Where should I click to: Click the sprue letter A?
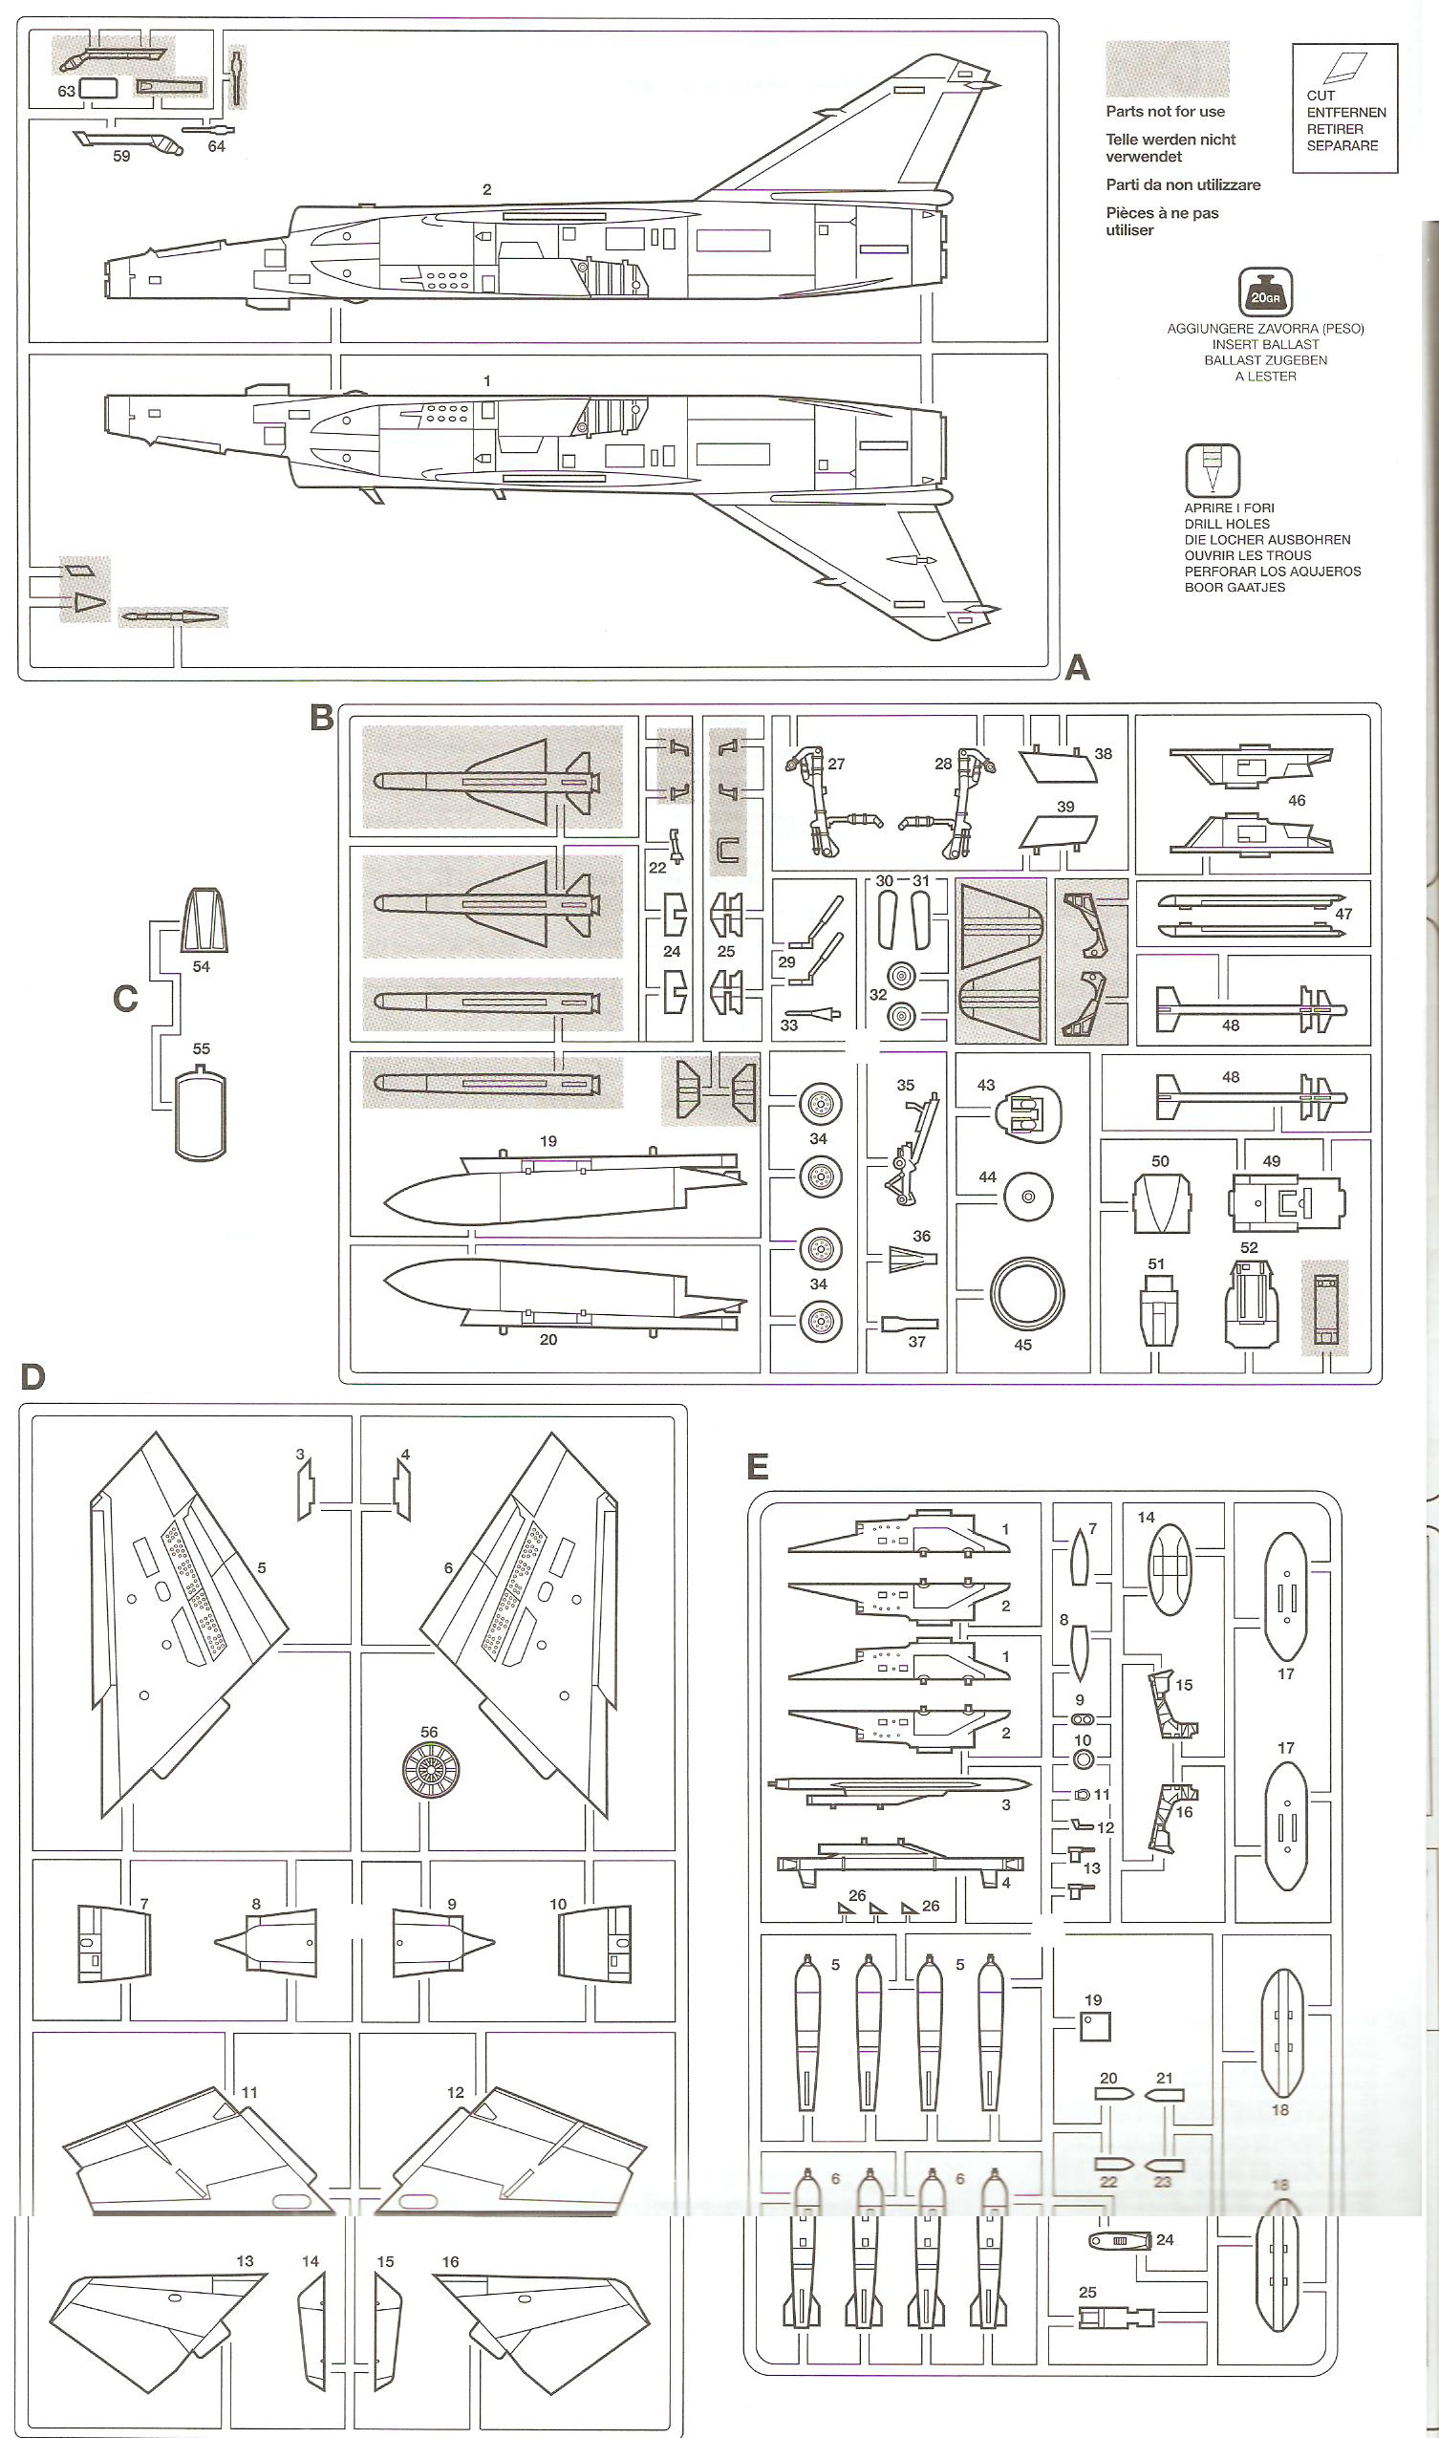(1076, 667)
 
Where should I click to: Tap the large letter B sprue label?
(321, 718)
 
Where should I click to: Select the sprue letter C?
(125, 999)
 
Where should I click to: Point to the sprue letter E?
(758, 1466)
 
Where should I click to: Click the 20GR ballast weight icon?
(1264, 291)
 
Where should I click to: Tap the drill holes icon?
(1213, 470)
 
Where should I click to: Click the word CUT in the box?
(1320, 95)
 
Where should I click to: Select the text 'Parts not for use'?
(1165, 112)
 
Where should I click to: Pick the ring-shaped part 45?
(1027, 1294)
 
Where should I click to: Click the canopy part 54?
(203, 919)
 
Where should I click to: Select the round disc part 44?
(1029, 1197)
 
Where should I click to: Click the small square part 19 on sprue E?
(1095, 2025)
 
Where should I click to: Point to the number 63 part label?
(66, 91)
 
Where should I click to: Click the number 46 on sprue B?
(1297, 800)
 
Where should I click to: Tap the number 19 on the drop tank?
(548, 1141)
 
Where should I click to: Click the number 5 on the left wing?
(262, 1567)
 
